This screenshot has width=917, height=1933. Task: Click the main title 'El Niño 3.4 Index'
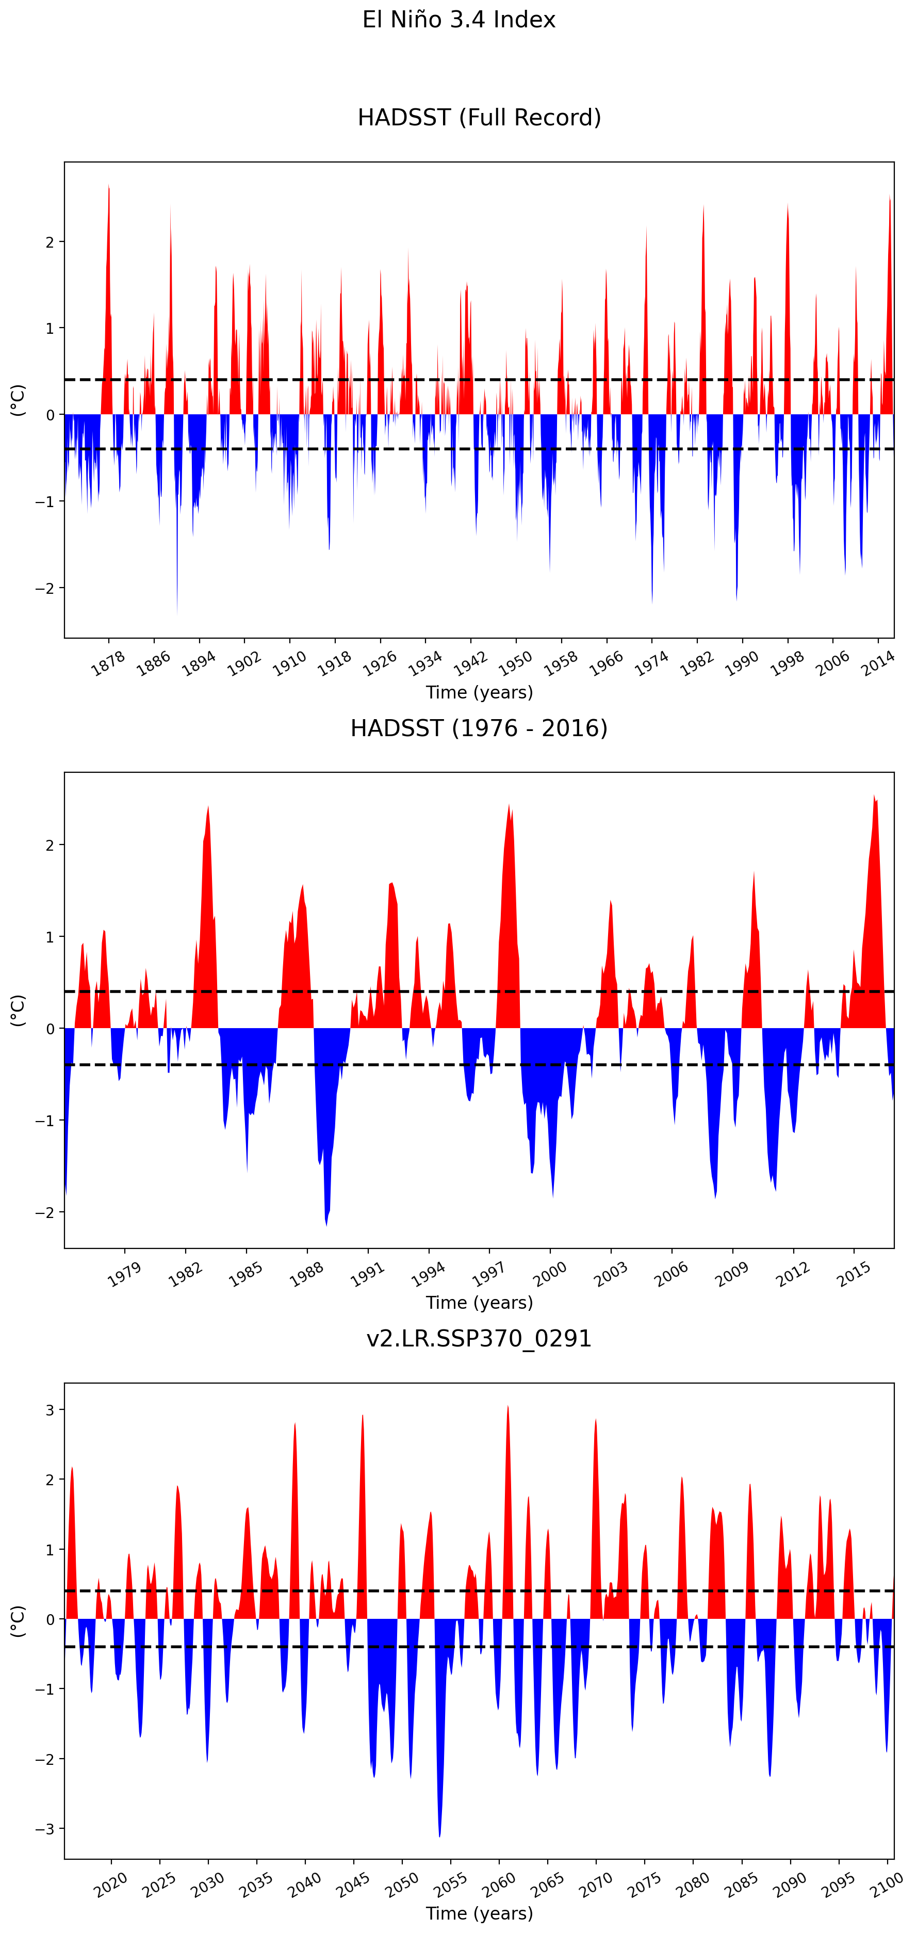pyautogui.click(x=458, y=20)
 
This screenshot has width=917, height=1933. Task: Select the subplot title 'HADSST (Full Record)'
pyautogui.click(x=479, y=118)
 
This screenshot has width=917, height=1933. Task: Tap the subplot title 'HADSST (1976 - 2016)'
pyautogui.click(x=479, y=728)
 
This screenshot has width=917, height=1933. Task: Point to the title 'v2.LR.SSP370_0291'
pyautogui.click(x=479, y=1339)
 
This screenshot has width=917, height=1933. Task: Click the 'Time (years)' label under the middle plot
pyautogui.click(x=479, y=1303)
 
